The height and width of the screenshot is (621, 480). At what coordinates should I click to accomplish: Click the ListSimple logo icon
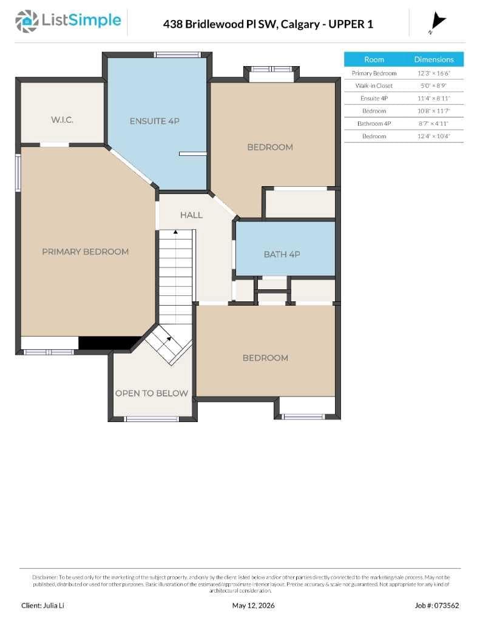pos(27,21)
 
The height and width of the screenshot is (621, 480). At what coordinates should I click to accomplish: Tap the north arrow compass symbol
pos(438,22)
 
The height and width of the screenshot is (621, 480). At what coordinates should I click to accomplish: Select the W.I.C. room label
pos(63,119)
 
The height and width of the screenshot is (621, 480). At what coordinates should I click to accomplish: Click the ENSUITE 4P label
pos(155,121)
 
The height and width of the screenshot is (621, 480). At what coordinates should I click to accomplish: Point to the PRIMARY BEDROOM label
pos(85,252)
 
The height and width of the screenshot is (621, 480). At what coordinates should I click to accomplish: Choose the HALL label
pos(191,215)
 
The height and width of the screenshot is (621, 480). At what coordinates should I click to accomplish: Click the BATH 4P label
pos(282,254)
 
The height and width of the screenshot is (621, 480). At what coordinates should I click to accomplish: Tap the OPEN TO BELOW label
pos(152,393)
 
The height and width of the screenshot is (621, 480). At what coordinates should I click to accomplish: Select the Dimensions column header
pos(434,59)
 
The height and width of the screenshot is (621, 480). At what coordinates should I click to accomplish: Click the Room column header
pos(374,59)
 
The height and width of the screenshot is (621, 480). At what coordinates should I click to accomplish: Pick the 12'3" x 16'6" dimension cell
pos(434,73)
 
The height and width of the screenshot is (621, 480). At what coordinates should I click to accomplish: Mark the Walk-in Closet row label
pos(374,86)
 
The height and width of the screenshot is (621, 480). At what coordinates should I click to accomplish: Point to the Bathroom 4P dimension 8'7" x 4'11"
pos(433,124)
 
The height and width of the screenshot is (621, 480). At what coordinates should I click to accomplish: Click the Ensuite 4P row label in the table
pos(374,98)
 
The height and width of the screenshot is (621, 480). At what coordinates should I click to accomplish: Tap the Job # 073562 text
pos(437,606)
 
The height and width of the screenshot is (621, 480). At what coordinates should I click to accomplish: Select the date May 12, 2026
pos(253,606)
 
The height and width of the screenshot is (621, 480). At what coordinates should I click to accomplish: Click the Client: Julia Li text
pos(42,606)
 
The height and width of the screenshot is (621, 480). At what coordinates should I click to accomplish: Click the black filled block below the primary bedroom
pos(109,343)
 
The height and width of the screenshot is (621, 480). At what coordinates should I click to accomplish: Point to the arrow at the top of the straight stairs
pos(175,232)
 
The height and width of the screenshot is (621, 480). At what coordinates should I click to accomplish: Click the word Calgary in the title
pos(300,24)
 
